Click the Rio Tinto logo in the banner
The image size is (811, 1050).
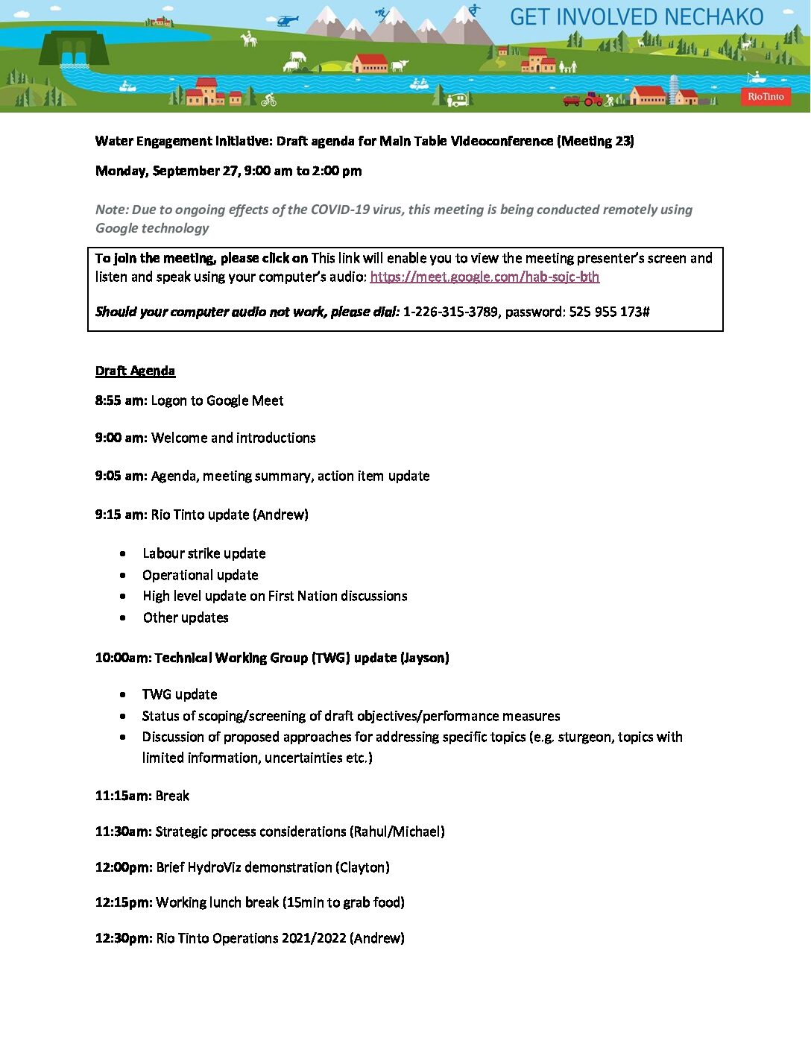pyautogui.click(x=766, y=96)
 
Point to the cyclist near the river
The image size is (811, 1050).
pyautogui.click(x=269, y=99)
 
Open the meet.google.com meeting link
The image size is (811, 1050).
pyautogui.click(x=485, y=277)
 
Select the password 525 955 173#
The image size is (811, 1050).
pyautogui.click(x=609, y=312)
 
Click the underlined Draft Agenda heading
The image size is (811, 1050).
pyautogui.click(x=135, y=371)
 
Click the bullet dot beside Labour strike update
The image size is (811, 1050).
pyautogui.click(x=123, y=554)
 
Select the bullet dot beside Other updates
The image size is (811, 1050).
pyautogui.click(x=123, y=618)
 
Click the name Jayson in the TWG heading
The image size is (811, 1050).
pyautogui.click(x=425, y=658)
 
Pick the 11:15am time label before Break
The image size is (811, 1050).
pyautogui.click(x=123, y=796)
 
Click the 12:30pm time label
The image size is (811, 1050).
pyautogui.click(x=123, y=938)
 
